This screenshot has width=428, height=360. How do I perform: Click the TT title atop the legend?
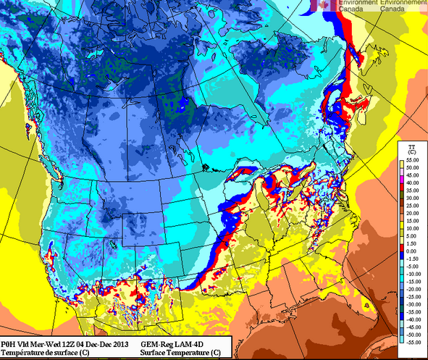click(x=411, y=146)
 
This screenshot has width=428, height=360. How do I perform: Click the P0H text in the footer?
click(x=8, y=343)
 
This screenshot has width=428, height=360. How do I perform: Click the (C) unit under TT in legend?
click(x=411, y=153)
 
